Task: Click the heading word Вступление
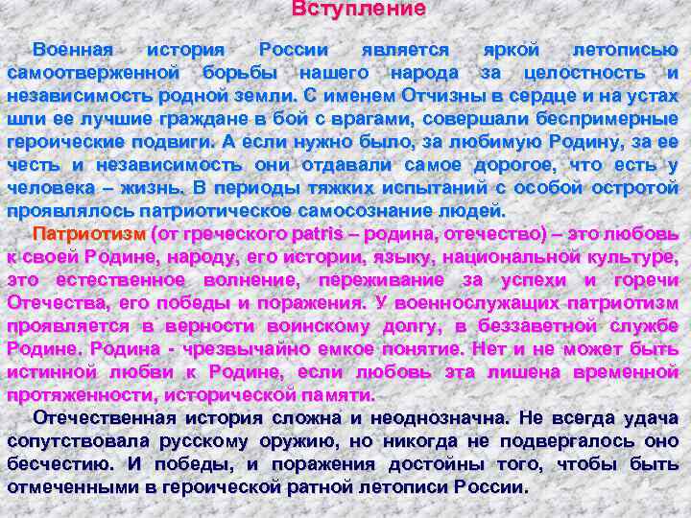(357, 9)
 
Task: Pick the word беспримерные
(603, 119)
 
